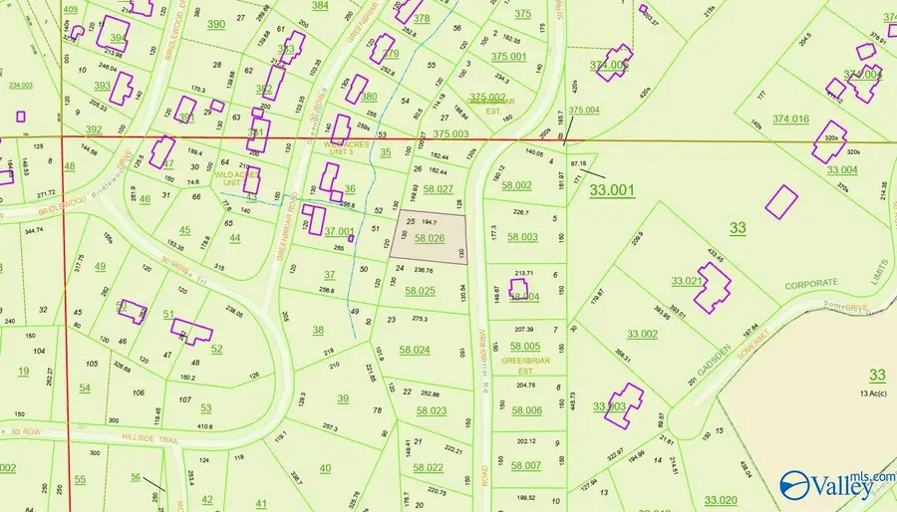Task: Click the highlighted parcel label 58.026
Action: point(429,239)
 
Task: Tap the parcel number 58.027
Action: point(438,189)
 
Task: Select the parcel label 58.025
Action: point(420,291)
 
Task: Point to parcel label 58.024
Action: point(415,350)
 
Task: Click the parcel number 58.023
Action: point(431,410)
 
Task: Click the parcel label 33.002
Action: point(642,334)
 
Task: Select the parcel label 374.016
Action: point(793,120)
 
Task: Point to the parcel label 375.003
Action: point(450,133)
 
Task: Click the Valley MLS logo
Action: point(835,486)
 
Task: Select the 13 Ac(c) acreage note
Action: point(876,394)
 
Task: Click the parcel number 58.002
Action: point(517,185)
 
